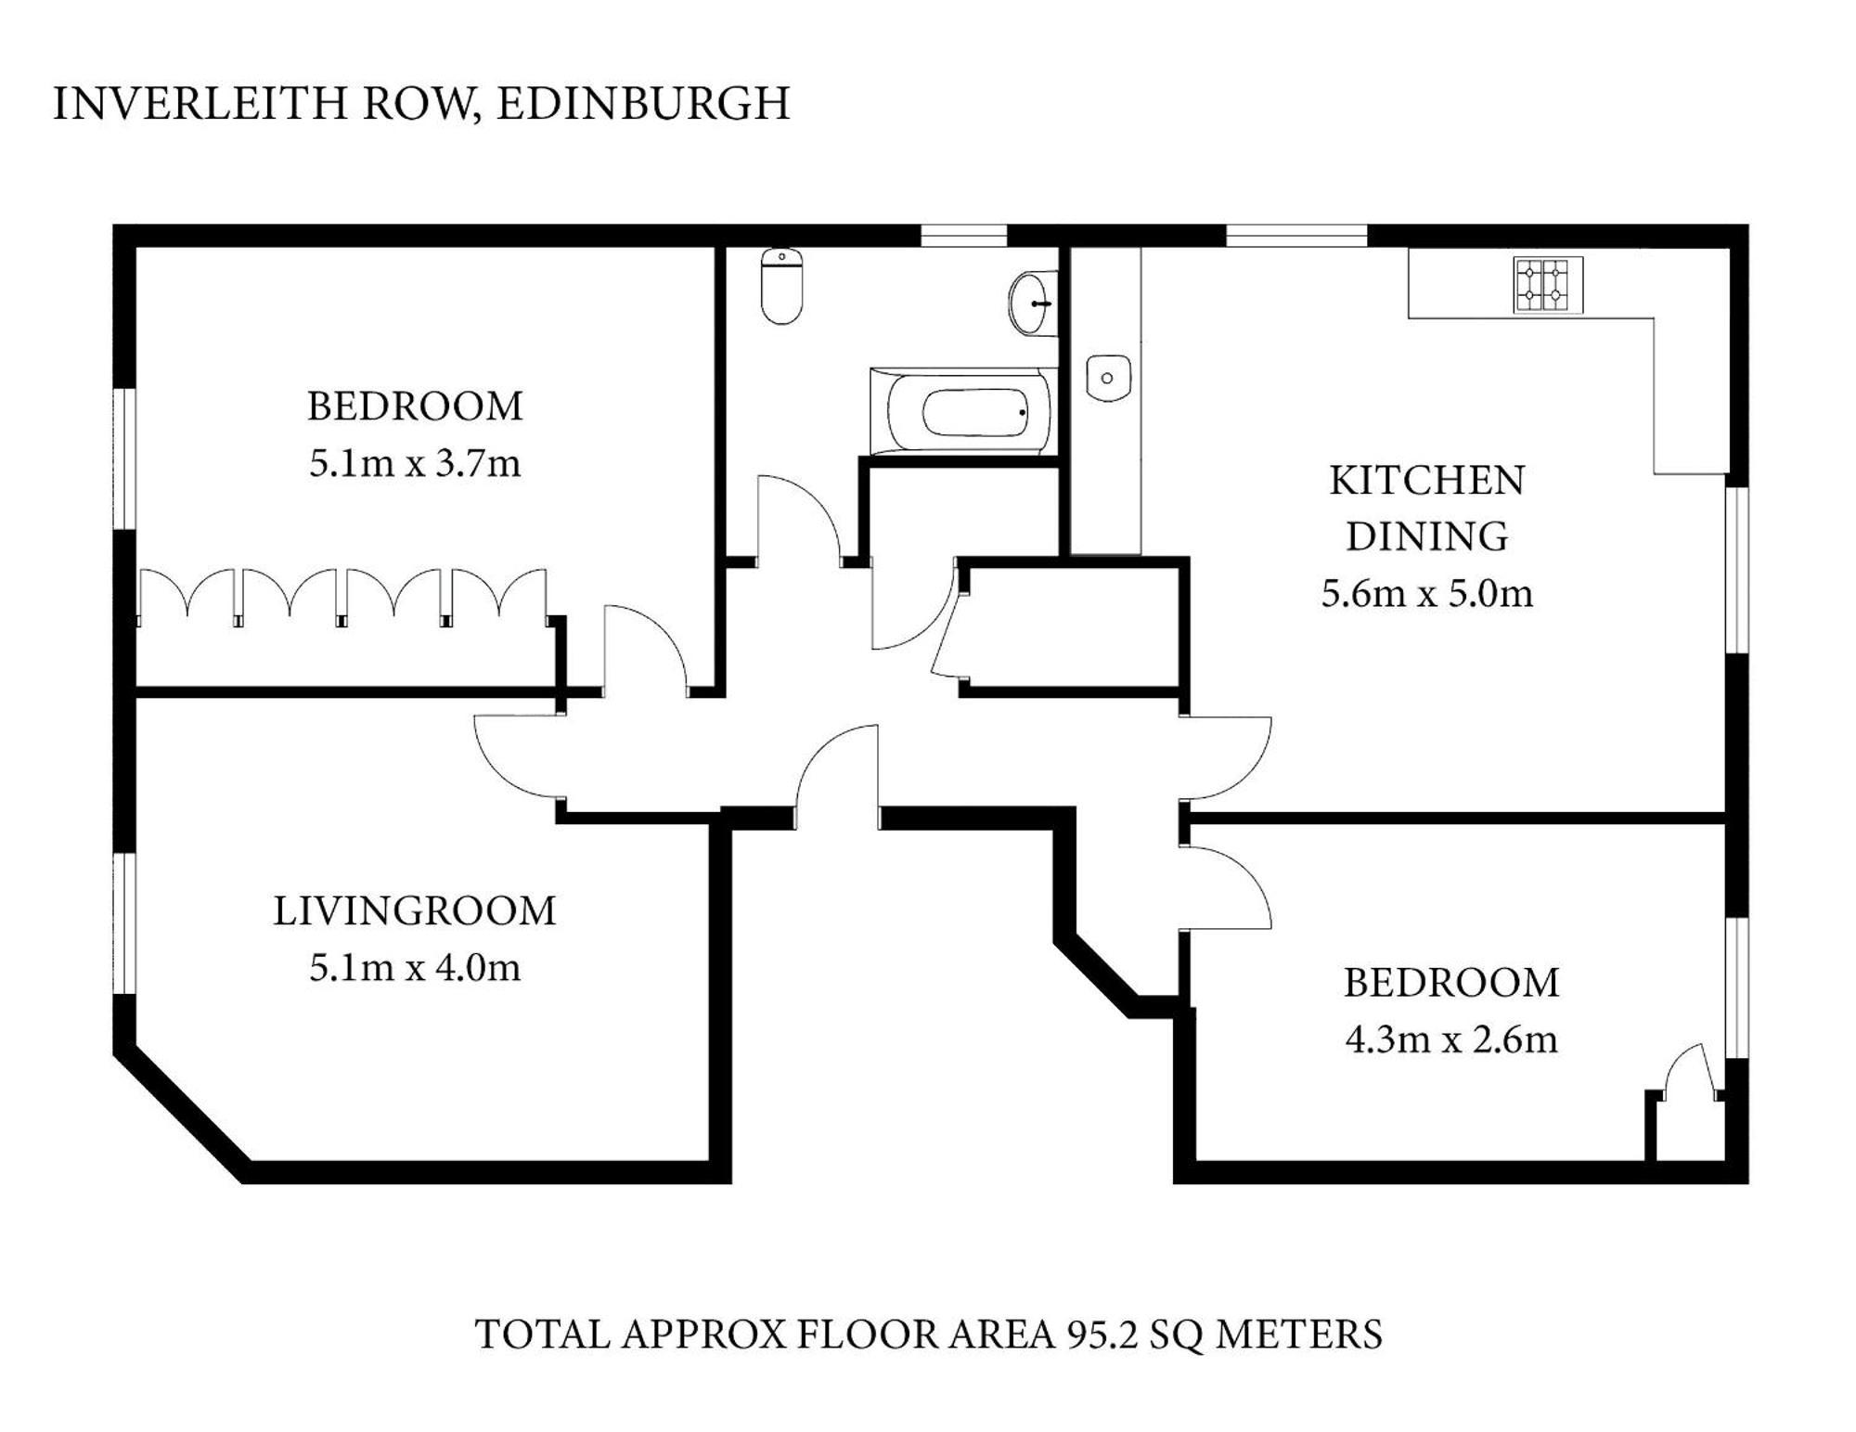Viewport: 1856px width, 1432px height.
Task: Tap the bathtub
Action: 962,411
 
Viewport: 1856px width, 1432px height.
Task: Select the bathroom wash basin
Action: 1030,303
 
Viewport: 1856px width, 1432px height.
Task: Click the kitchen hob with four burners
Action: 1548,285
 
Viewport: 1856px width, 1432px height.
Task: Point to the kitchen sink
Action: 1108,378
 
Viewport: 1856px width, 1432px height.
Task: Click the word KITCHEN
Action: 1427,481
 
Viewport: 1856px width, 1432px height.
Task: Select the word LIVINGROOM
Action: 414,911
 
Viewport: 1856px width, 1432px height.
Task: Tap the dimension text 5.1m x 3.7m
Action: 415,463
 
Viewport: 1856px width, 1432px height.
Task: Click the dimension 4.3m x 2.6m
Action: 1451,1039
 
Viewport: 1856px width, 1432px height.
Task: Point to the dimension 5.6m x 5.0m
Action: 1427,593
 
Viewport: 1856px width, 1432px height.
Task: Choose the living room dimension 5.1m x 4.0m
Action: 415,968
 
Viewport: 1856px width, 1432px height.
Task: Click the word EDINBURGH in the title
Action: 643,103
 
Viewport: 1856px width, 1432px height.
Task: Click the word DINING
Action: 1427,536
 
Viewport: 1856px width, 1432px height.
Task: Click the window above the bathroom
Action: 963,236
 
